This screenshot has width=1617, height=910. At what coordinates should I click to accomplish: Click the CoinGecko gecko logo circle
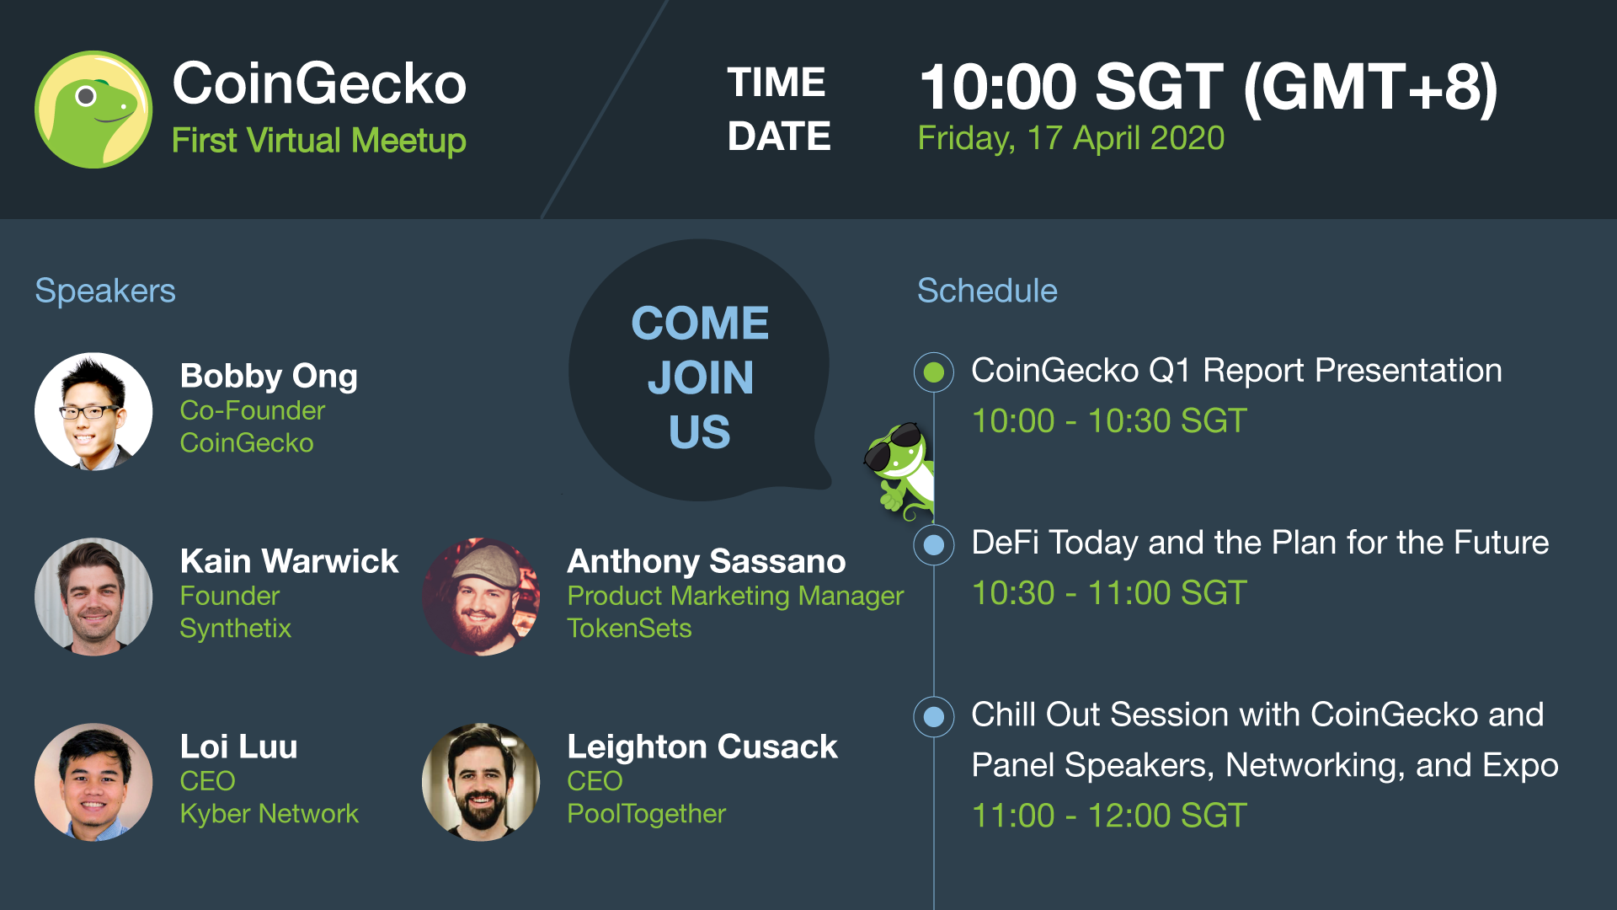[x=93, y=110]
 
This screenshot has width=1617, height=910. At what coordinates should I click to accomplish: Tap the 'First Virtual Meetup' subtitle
[x=318, y=141]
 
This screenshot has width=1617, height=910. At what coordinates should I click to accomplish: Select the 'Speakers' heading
[x=105, y=292]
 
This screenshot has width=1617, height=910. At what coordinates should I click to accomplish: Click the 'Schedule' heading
[x=987, y=291]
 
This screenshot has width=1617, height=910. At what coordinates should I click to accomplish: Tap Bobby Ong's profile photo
[x=93, y=411]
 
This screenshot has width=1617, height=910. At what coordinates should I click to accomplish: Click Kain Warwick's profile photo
[x=93, y=597]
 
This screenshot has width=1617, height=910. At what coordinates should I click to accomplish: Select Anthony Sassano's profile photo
[x=481, y=597]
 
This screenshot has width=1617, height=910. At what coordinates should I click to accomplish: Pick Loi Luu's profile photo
[x=93, y=782]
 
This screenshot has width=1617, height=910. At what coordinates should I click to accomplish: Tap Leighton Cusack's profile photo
[x=481, y=782]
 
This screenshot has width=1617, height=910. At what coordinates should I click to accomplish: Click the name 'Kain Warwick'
[x=289, y=561]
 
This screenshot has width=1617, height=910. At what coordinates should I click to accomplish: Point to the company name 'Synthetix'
[x=236, y=629]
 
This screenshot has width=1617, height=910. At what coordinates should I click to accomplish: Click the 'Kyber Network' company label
[x=269, y=814]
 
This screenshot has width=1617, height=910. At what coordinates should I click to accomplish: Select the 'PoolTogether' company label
[x=646, y=814]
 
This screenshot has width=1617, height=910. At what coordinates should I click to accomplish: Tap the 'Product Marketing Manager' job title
[x=735, y=597]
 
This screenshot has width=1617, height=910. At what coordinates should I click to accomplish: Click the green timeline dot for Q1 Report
[x=934, y=372]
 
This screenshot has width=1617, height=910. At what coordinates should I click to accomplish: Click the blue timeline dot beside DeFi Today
[x=934, y=544]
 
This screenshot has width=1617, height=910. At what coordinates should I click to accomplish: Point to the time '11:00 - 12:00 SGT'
[x=1109, y=816]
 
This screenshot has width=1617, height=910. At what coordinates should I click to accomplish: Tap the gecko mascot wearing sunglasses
[x=899, y=470]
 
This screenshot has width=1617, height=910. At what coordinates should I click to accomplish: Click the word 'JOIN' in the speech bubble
[x=701, y=377]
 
